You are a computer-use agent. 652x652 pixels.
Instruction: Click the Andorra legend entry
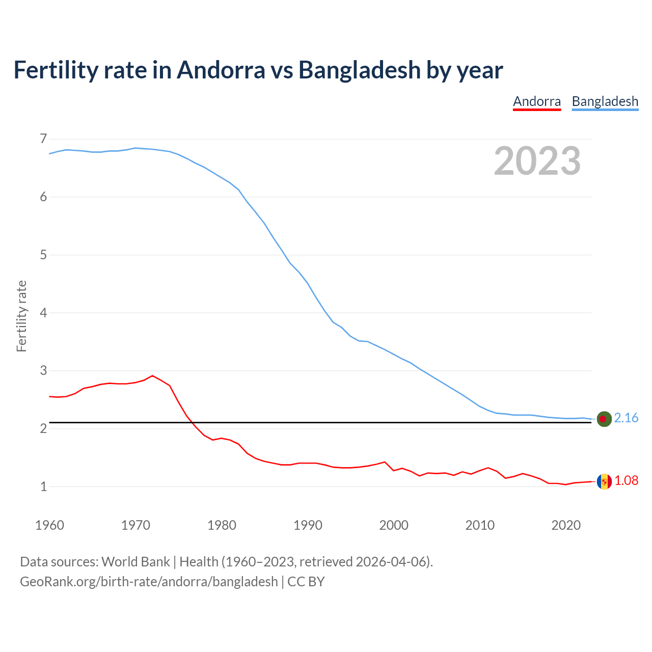pyautogui.click(x=536, y=101)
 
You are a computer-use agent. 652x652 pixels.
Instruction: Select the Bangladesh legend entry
pyautogui.click(x=605, y=101)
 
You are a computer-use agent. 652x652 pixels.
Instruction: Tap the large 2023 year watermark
pyautogui.click(x=537, y=161)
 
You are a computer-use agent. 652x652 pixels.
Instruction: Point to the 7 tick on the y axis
pyautogui.click(x=43, y=139)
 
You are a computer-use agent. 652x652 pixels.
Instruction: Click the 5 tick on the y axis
pyautogui.click(x=43, y=255)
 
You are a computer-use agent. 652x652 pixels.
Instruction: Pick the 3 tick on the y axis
pyautogui.click(x=43, y=370)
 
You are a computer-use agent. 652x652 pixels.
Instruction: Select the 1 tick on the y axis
pyautogui.click(x=43, y=486)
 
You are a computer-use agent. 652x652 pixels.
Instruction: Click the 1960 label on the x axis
pyautogui.click(x=49, y=525)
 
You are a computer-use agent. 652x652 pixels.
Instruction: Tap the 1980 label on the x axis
pyautogui.click(x=222, y=525)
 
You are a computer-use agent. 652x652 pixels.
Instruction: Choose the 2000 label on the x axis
pyautogui.click(x=394, y=525)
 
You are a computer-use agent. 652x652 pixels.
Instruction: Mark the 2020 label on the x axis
pyautogui.click(x=566, y=525)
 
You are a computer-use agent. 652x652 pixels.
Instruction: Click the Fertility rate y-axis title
pyautogui.click(x=21, y=316)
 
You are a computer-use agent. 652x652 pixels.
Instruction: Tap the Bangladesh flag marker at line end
pyautogui.click(x=604, y=419)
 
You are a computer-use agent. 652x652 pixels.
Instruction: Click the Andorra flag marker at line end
pyautogui.click(x=604, y=481)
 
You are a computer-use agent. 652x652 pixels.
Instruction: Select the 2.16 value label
pyautogui.click(x=626, y=418)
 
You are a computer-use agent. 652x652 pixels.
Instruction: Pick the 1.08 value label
pyautogui.click(x=626, y=481)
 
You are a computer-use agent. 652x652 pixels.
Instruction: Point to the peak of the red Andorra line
pyautogui.click(x=152, y=376)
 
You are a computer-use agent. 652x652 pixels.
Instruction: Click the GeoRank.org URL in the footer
pyautogui.click(x=149, y=582)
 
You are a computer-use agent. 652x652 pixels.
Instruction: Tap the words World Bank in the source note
pyautogui.click(x=135, y=562)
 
